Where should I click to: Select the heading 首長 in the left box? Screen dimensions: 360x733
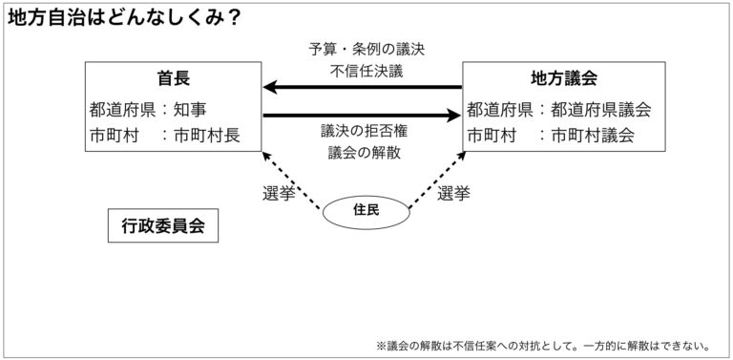coord(173,78)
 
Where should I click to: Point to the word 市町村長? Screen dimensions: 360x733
coord(207,136)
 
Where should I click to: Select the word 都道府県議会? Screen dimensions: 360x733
coord(599,110)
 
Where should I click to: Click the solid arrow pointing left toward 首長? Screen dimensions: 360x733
coord(363,89)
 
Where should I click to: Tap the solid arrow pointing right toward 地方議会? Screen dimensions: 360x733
coord(363,116)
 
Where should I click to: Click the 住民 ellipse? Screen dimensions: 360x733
coord(366,210)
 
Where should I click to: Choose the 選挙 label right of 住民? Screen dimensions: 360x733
coord(454,193)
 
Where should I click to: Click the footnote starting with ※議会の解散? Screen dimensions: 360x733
coord(549,345)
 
